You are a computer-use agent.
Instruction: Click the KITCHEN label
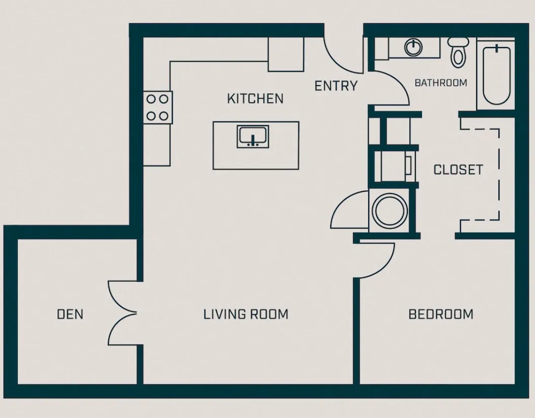255,98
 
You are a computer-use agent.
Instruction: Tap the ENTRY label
336,86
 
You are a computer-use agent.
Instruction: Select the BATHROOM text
441,82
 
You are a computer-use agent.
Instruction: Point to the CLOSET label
458,170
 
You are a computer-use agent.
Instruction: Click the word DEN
70,314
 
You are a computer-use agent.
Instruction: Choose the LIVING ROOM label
246,314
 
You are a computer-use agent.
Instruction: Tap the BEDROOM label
441,314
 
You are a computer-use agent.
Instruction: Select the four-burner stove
158,108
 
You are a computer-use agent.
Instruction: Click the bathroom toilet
458,52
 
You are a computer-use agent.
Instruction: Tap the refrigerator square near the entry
286,54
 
